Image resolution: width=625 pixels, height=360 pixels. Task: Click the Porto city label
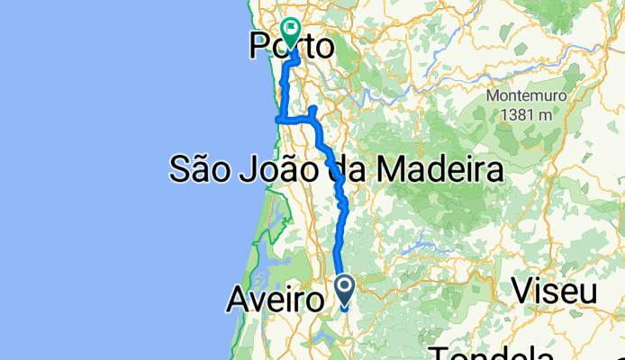[290, 46]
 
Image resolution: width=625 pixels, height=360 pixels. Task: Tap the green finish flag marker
[292, 32]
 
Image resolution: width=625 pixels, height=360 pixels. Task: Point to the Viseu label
[555, 292]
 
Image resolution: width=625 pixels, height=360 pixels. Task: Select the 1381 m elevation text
[522, 114]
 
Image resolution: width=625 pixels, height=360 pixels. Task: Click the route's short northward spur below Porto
[312, 111]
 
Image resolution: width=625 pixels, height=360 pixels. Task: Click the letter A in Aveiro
[236, 298]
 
